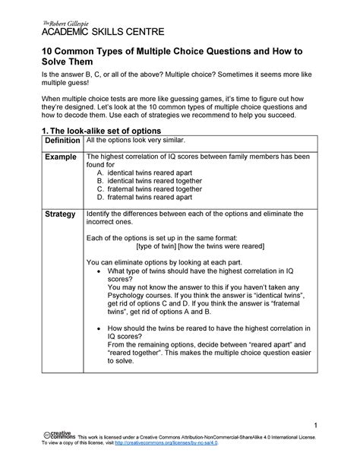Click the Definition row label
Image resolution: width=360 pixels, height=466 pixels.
pyautogui.click(x=62, y=142)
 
